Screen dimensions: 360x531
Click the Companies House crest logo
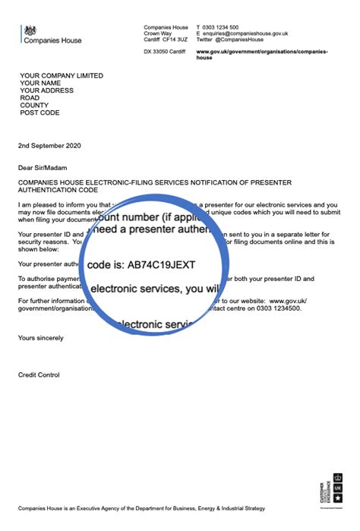[30, 30]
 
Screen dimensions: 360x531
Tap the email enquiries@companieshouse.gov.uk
[245, 33]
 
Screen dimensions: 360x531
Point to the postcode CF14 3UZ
[174, 40]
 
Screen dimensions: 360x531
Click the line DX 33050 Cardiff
[164, 51]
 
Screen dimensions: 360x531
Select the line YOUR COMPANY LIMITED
[62, 76]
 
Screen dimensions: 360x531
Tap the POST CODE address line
[39, 113]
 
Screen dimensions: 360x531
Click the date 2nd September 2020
[50, 145]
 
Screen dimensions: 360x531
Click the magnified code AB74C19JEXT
[167, 266]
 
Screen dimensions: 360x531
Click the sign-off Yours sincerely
[41, 337]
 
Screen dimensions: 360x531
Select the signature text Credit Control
[39, 375]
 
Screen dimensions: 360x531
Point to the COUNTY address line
[33, 106]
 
